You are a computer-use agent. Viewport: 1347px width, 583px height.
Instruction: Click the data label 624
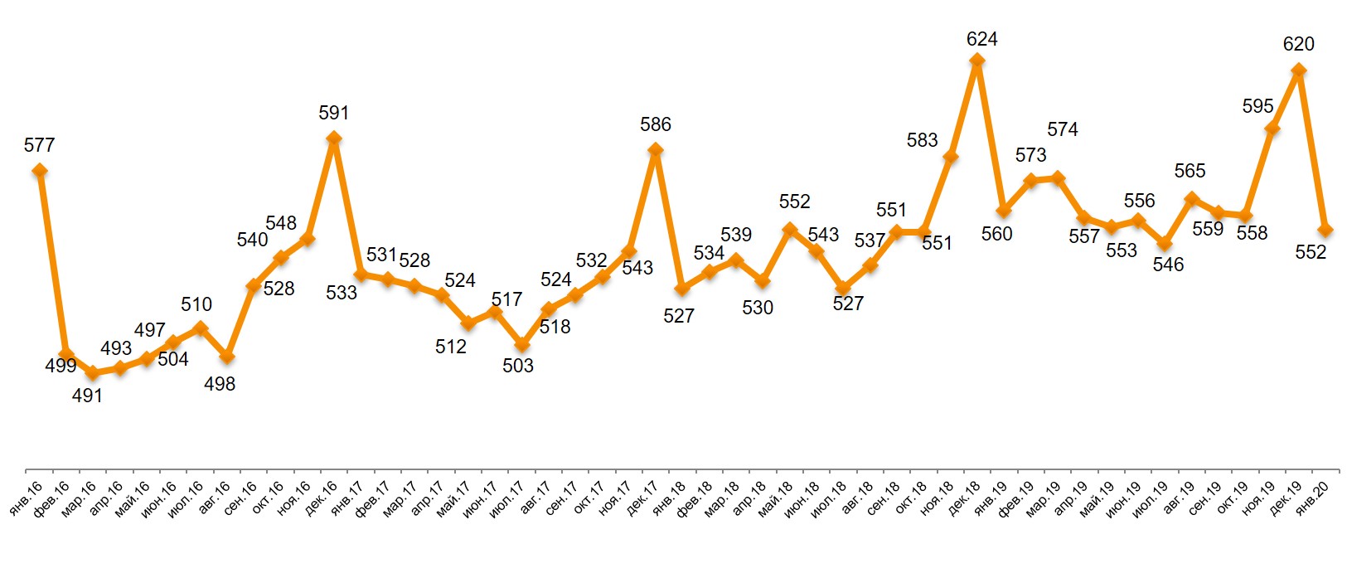click(981, 39)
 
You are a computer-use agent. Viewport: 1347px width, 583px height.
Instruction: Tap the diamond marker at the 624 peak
click(976, 61)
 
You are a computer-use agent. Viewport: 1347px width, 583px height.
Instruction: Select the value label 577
click(39, 145)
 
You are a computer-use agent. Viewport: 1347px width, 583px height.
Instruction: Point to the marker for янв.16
click(39, 171)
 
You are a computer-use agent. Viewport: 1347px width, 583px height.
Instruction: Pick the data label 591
click(334, 113)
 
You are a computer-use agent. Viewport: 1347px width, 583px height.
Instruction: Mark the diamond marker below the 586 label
click(655, 150)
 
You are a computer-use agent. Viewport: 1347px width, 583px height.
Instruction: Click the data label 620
click(1298, 44)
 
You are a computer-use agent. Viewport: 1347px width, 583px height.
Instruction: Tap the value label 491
click(87, 396)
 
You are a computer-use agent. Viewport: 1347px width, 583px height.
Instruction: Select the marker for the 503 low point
click(521, 344)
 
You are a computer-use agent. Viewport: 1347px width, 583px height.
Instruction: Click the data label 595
click(1257, 106)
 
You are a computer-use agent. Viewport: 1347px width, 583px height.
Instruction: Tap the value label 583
click(922, 140)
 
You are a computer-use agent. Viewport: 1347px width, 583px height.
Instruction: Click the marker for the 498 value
click(226, 357)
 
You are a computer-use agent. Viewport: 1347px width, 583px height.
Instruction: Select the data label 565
click(1190, 171)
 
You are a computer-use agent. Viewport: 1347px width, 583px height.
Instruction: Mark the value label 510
click(196, 304)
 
